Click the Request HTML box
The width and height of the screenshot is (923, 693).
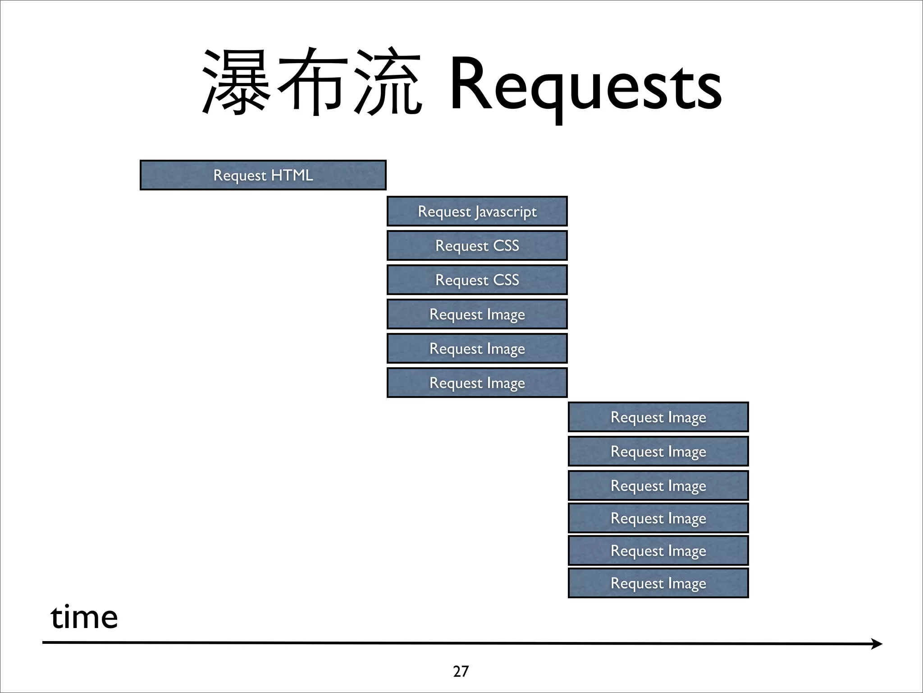[x=263, y=175]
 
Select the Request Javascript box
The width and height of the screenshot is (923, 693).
[x=477, y=211]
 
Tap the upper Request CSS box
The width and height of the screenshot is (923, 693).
[x=477, y=245]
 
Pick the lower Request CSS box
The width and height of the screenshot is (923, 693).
[x=477, y=280]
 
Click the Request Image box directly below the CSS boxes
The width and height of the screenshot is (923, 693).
[x=477, y=314]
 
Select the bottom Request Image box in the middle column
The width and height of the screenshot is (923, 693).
[x=477, y=383]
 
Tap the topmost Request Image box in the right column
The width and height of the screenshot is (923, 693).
[x=658, y=417]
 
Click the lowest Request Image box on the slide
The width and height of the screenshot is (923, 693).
[x=658, y=583]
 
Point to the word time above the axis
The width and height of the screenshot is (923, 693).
[x=84, y=617]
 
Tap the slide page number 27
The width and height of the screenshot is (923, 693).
[x=461, y=671]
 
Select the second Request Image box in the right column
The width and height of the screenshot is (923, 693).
[x=658, y=451]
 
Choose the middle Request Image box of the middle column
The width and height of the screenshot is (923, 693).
[x=477, y=348]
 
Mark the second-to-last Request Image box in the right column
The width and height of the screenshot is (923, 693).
[x=658, y=550]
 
